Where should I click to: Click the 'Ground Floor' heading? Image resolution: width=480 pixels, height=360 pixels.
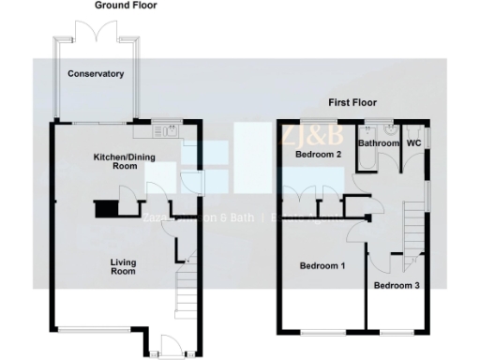[126, 6]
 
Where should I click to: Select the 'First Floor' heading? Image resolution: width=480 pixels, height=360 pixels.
[351, 101]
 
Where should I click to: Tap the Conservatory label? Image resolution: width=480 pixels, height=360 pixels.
[96, 73]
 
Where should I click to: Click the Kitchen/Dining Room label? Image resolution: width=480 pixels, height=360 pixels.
[123, 160]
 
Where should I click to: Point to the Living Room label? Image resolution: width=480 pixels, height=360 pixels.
[123, 267]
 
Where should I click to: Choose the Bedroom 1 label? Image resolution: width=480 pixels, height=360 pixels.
[322, 266]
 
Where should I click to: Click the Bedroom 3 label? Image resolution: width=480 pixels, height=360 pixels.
[397, 284]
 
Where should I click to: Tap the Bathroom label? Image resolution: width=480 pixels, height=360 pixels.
[379, 143]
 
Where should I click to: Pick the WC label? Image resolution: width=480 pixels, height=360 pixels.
[412, 143]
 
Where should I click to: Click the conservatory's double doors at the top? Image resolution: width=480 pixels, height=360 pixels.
[99, 33]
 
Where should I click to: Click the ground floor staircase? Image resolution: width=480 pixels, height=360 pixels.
[187, 291]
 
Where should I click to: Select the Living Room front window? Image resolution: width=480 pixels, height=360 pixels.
[94, 329]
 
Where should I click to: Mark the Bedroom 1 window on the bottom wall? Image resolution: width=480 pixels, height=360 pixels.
[321, 333]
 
